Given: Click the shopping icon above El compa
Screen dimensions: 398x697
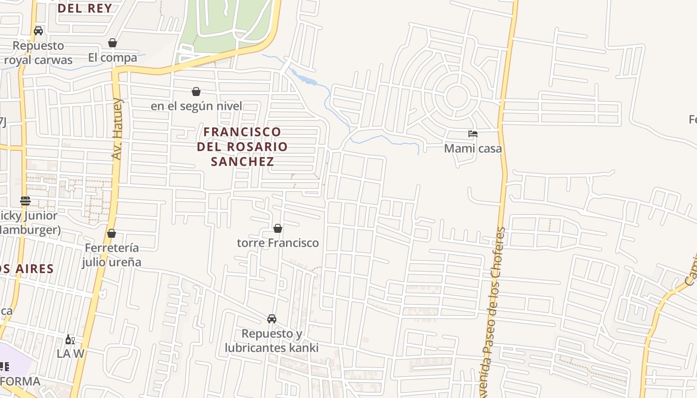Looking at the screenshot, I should pos(113,43).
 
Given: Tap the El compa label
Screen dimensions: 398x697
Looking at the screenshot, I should pos(113,58).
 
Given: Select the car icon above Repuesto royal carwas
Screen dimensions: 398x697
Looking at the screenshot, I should pos(38,31).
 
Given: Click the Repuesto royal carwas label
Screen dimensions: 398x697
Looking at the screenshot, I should pos(38,53).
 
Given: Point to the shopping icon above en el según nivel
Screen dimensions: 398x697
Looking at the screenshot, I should pos(196,92).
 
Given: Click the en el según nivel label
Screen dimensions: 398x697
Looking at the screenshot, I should pos(196,106).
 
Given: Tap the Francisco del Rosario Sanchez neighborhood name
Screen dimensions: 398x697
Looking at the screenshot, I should pos(242,146).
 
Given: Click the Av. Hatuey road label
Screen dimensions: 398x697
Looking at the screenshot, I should pos(117,129).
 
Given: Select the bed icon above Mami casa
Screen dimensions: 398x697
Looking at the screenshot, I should pos(473,134).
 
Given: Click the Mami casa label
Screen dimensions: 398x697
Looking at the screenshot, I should pos(473,148).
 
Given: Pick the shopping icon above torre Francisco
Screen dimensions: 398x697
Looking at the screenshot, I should pos(278,228).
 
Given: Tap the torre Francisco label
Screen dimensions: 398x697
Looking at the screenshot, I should pos(278,243).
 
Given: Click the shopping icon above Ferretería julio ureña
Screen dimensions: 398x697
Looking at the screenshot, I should pos(112,233).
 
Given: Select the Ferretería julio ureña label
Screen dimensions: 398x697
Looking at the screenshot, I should pos(112,255).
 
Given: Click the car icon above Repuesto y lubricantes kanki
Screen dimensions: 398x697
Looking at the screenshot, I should pos(272,319).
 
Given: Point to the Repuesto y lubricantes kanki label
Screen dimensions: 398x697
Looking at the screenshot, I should pos(272,340).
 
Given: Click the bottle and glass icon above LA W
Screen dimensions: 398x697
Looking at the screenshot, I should pos(70,340).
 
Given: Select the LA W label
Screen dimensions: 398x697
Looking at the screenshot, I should pos(70,354).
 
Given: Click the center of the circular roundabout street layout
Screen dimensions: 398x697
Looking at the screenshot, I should pos(456,96).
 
